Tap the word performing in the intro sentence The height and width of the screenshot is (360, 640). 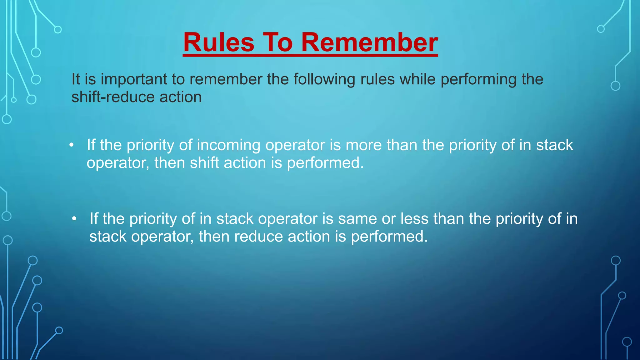pos(478,79)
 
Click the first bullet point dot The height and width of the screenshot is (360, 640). pos(72,145)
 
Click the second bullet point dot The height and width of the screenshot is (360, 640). pos(74,219)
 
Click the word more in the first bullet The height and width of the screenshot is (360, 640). pos(363,145)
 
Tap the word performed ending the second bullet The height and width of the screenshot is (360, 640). pos(389,237)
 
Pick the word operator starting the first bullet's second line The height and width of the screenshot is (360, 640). pos(118,163)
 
